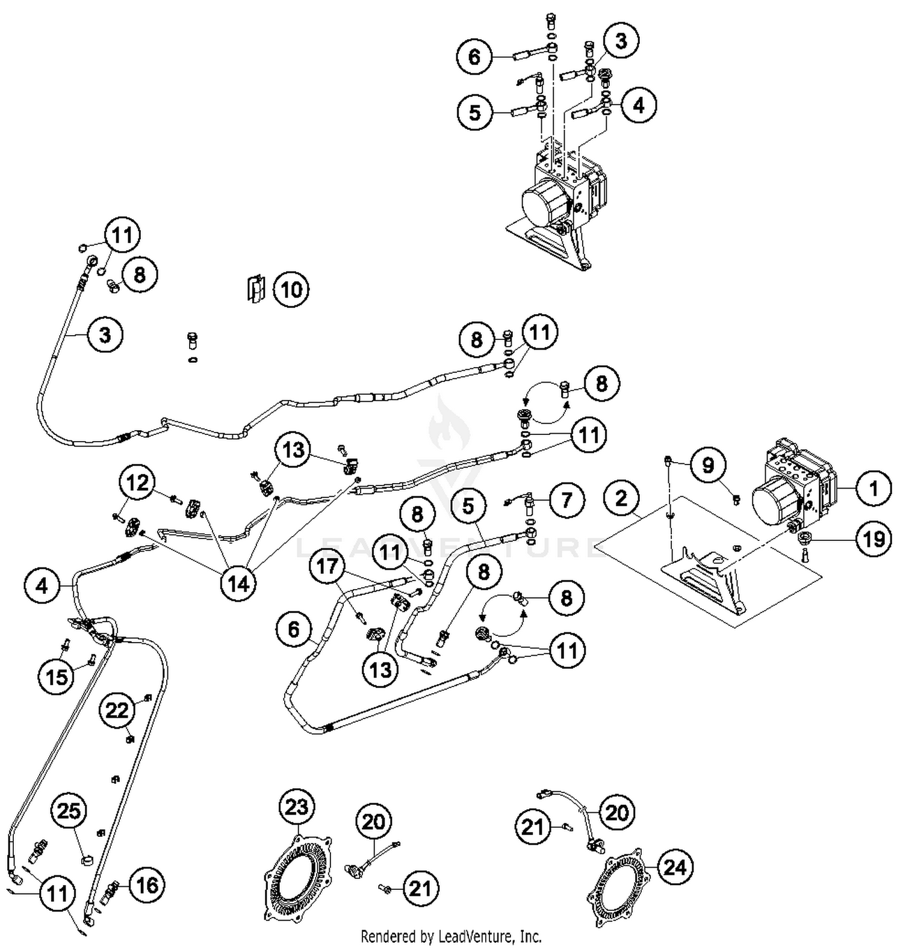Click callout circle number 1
pos(873,488)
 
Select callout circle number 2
pos(621,498)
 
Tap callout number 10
pos(291,289)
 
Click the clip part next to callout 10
pos(256,289)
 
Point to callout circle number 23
pos(297,807)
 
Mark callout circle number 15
pos(57,676)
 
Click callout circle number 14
pos(238,582)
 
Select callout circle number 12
pos(137,483)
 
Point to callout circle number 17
pos(328,566)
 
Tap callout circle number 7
pos(566,499)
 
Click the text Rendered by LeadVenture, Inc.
pos(451,936)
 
